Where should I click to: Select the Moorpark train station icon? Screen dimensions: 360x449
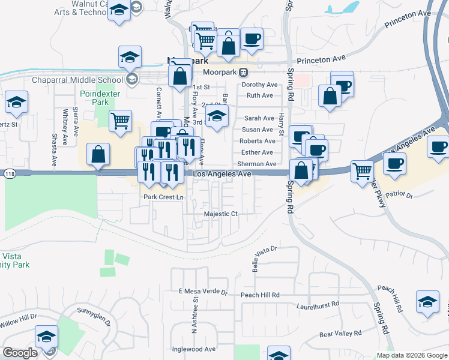click(244, 72)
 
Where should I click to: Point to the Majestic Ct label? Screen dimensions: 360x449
click(221, 214)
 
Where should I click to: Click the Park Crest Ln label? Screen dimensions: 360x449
click(163, 197)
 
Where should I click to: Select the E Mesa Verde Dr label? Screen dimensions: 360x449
click(203, 292)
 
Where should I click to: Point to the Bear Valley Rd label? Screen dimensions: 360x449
click(340, 333)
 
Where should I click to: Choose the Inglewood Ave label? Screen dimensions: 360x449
click(194, 349)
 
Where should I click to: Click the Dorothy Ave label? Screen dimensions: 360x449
click(259, 85)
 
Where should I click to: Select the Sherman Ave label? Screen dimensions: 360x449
click(257, 164)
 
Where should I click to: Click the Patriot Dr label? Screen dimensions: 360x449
click(400, 195)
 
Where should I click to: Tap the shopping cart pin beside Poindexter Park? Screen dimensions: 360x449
click(121, 121)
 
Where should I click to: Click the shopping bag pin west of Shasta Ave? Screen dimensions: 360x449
click(98, 154)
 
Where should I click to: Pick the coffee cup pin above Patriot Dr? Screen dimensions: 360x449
click(394, 164)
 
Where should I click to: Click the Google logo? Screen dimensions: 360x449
click(20, 353)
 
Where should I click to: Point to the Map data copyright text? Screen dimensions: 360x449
click(412, 355)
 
